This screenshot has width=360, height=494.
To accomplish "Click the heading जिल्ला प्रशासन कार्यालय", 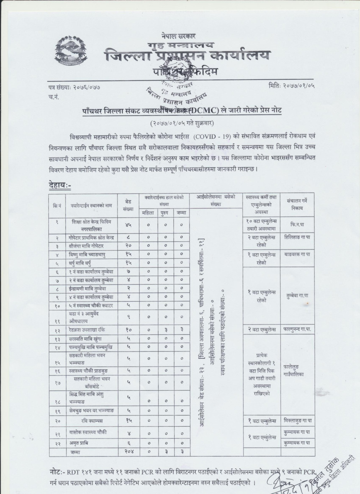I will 188,56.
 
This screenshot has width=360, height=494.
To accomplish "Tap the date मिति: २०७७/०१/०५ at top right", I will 292,86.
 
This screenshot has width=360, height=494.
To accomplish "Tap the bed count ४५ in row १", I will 129,225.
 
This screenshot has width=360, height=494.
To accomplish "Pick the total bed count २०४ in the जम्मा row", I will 128,452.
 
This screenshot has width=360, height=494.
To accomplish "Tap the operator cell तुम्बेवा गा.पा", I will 297,296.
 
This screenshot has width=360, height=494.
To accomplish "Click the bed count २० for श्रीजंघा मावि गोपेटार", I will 129,245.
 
